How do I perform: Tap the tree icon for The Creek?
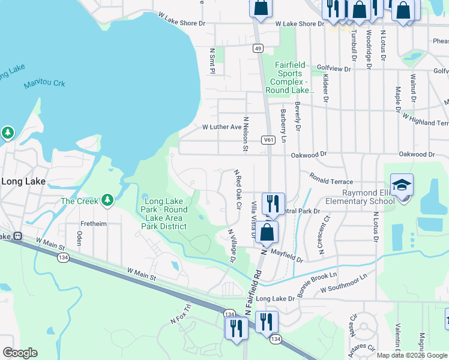[107, 200]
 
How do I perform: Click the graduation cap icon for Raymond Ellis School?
[402, 185]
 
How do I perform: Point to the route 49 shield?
[257, 48]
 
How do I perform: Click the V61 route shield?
[268, 140]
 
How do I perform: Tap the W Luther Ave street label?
[221, 127]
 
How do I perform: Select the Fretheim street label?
[92, 224]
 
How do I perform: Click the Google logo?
[20, 353]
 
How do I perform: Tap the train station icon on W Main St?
[18, 236]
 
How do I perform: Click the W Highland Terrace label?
[425, 118]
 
